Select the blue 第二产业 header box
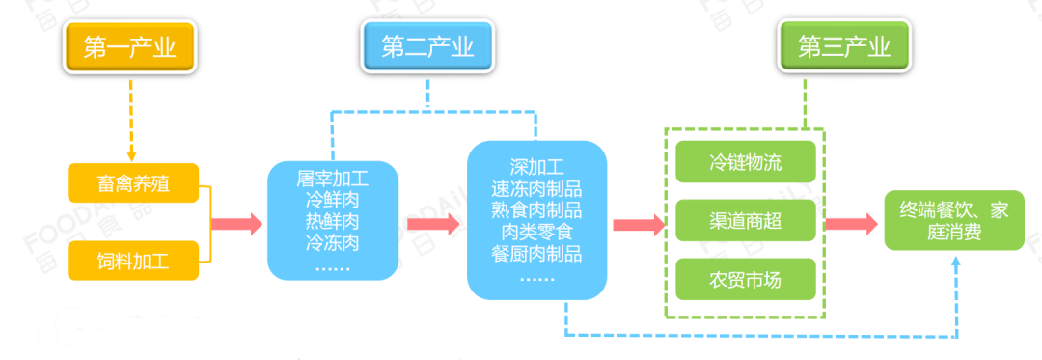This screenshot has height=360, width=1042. [427, 47]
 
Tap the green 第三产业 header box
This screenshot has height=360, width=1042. [844, 47]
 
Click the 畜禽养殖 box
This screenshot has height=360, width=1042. [133, 183]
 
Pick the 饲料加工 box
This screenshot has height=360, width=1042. [133, 261]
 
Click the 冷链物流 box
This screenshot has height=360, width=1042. [746, 162]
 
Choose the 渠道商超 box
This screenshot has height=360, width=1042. [746, 221]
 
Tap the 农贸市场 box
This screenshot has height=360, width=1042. [746, 281]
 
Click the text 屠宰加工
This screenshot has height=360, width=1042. [333, 179]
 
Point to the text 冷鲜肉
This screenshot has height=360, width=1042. [333, 200]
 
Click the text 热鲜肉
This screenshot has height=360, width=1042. [333, 221]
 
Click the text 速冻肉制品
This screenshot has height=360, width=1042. [536, 188]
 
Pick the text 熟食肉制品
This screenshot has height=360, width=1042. [536, 210]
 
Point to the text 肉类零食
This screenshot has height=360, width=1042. [536, 233]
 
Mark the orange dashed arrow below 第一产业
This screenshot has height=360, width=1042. [131, 121]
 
